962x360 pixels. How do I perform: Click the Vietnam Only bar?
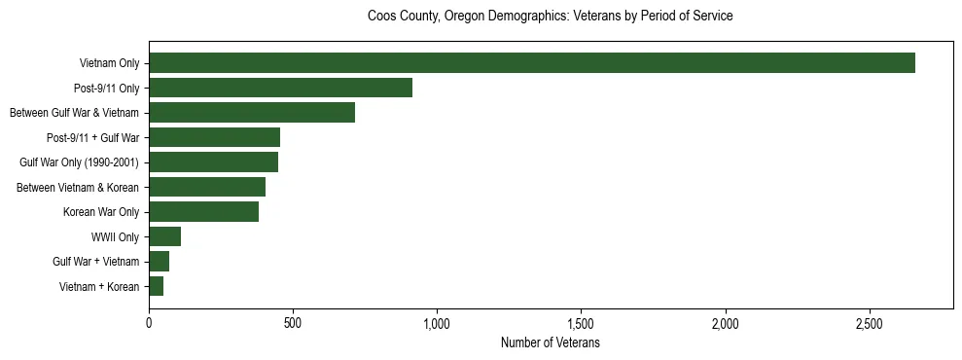point(532,63)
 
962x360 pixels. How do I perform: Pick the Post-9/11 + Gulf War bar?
point(214,137)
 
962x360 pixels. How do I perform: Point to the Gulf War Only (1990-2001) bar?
point(213,162)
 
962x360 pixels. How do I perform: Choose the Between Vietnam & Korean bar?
point(207,187)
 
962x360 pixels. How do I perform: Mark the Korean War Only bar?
point(203,212)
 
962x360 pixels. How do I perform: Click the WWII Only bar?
point(164,236)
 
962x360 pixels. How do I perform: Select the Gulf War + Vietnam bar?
point(159,262)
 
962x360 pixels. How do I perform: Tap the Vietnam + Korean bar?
point(156,286)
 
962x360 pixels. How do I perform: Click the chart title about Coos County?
point(550,17)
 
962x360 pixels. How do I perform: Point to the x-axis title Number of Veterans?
point(550,343)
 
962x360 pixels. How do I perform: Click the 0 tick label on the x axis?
point(149,322)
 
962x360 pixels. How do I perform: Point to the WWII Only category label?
point(115,236)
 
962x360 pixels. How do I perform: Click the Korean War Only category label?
point(101,212)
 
